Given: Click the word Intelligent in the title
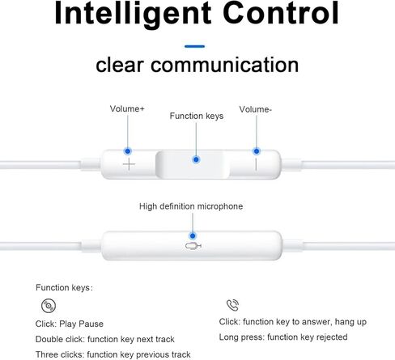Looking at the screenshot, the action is [x=133, y=14].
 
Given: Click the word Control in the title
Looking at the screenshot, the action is [x=281, y=13].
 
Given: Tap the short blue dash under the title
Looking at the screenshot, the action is [x=194, y=46].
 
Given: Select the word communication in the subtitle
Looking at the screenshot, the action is [x=224, y=65].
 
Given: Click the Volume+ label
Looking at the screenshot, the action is [x=127, y=108].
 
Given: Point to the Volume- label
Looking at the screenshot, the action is [x=255, y=109].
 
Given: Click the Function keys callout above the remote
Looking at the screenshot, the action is [x=197, y=116].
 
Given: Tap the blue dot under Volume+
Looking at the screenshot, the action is [x=128, y=151].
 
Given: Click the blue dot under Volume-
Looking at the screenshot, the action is [x=257, y=151].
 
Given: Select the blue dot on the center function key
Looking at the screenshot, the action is [x=196, y=159].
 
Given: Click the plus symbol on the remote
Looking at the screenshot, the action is [x=129, y=164].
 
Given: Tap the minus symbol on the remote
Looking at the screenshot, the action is [x=256, y=164].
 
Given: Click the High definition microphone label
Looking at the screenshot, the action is [x=191, y=206].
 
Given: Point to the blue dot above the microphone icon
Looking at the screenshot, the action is [x=193, y=236].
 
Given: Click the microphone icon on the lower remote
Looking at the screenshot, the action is [x=193, y=246].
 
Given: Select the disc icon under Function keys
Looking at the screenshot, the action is [x=49, y=306].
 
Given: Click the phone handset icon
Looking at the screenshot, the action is [x=232, y=305].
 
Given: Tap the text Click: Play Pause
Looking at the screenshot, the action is [x=70, y=324].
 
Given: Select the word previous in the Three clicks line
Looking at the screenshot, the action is [x=149, y=354].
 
